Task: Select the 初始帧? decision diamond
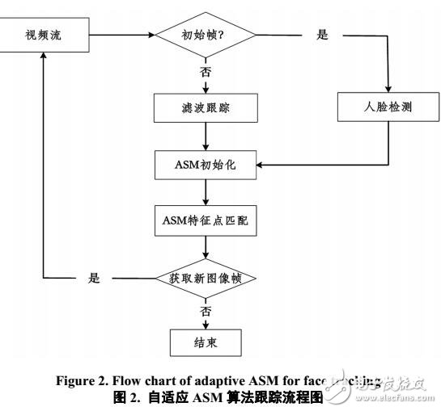206,36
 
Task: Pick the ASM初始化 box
206,166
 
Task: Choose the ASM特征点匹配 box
206,220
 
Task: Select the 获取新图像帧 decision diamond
206,278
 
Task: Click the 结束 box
206,342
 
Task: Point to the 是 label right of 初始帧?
321,36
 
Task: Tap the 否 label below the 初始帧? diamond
206,73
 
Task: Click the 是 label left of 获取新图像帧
95,278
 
